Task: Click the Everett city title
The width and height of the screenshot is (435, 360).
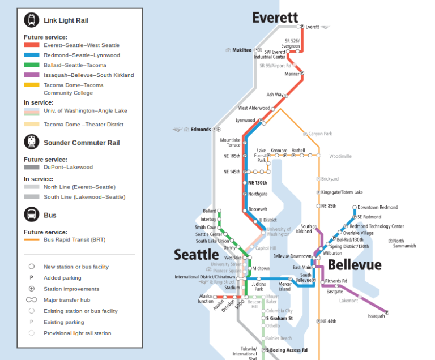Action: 275,18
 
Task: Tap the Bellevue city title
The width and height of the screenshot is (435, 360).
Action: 355,265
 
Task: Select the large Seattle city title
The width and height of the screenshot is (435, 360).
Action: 196,255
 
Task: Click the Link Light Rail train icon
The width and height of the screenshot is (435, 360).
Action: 31,20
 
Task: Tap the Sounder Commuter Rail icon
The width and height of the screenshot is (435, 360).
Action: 31,143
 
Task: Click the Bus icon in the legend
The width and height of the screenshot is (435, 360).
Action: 31,215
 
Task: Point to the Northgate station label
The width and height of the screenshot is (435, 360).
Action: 258,194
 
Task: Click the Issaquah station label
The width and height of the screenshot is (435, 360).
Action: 376,316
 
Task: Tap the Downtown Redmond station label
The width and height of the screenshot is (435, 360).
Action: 377,208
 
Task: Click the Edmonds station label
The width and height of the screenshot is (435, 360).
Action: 201,130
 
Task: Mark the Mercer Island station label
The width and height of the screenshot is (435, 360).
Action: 284,286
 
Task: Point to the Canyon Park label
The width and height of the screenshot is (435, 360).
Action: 320,134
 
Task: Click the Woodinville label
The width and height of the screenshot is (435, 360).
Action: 340,156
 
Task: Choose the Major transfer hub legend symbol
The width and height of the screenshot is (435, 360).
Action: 31,300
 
